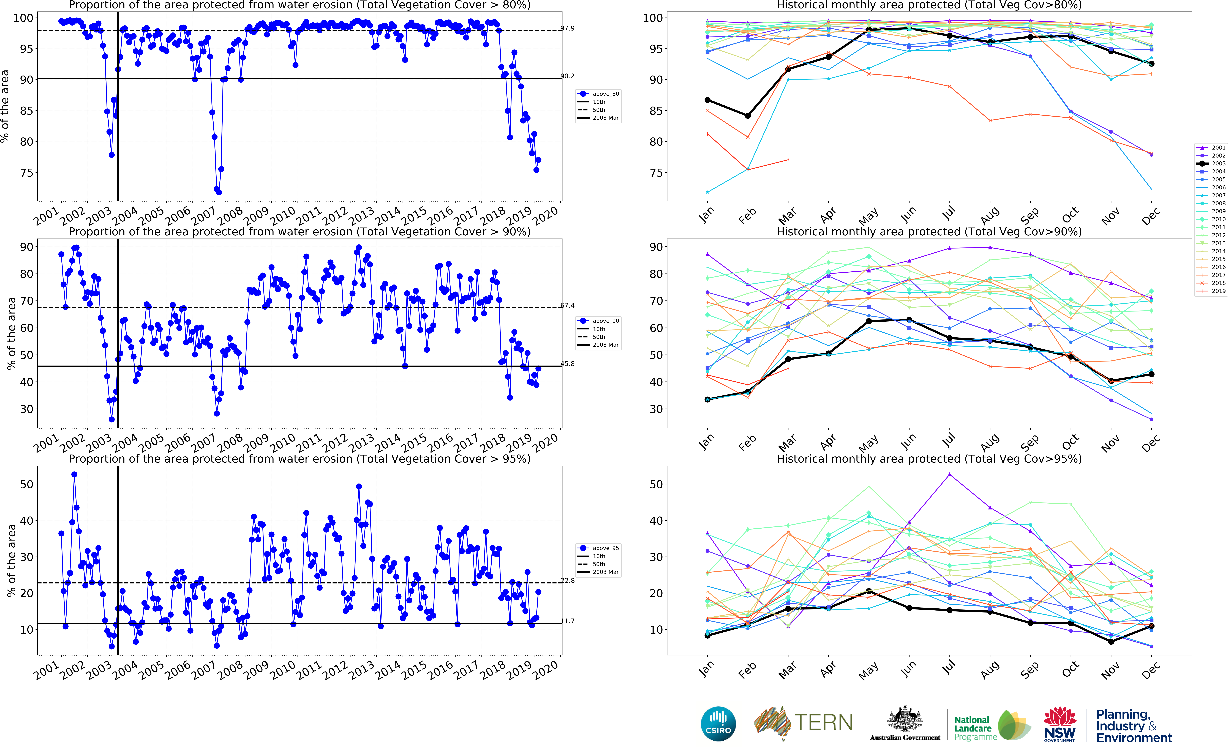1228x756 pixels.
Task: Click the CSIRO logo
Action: coord(718,724)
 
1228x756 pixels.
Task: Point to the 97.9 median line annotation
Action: coord(567,29)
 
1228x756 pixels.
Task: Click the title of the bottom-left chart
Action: coord(299,459)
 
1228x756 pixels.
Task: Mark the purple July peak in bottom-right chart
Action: coord(949,474)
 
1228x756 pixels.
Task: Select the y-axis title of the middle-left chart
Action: coord(11,333)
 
